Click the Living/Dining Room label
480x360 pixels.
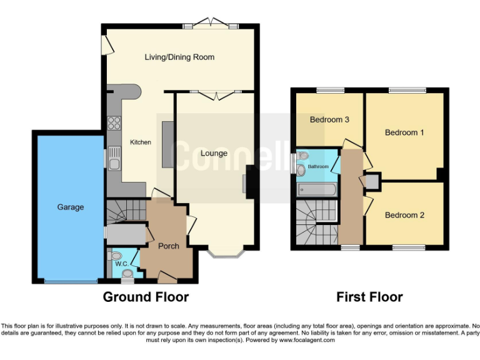tap(179, 57)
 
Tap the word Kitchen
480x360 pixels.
tap(140, 142)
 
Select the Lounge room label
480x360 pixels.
tap(214, 153)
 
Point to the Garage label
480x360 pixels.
tap(71, 207)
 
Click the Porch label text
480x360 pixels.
tap(168, 246)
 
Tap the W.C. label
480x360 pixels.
tap(121, 263)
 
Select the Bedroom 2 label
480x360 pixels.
tap(404, 215)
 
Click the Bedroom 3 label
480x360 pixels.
tap(329, 119)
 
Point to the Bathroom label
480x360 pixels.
tap(317, 167)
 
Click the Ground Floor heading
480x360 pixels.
tap(146, 297)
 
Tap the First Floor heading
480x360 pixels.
tap(369, 297)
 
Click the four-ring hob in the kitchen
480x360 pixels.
tap(114, 122)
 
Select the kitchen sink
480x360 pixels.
tap(114, 159)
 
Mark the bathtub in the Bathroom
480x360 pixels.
tap(317, 187)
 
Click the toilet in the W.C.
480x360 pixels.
tap(115, 256)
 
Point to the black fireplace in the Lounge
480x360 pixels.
tap(250, 182)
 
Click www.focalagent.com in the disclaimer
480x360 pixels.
tap(305, 340)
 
